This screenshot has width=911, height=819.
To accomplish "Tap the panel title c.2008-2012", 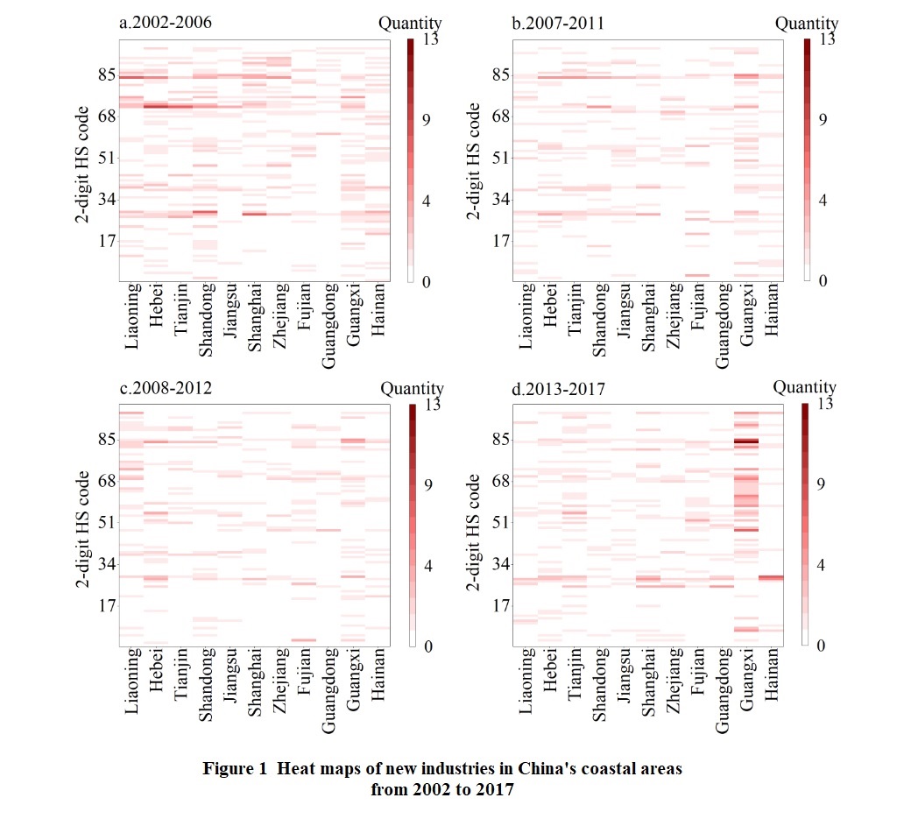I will [160, 388].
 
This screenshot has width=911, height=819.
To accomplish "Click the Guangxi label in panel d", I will [747, 681].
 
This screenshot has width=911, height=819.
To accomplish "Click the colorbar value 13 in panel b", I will [826, 39].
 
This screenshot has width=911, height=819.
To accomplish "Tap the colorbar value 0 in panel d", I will [822, 646].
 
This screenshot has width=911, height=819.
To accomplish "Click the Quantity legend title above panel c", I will [412, 388].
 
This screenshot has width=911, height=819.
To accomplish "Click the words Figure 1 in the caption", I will [234, 769].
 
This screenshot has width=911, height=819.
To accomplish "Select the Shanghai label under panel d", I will [649, 681].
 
